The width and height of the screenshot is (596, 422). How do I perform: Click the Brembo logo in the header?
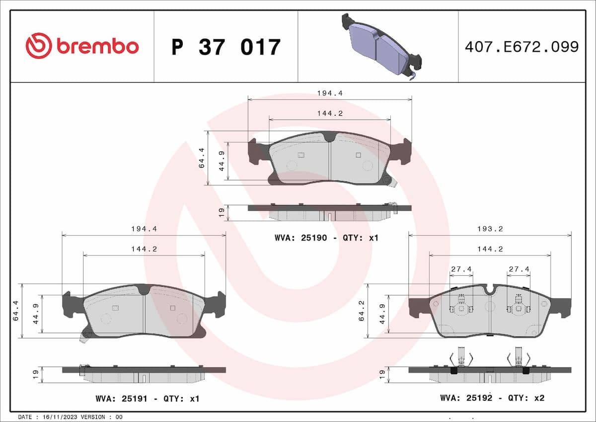82,46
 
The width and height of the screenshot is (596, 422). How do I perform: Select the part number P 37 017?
226,47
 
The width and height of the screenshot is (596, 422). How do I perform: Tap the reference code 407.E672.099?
521,47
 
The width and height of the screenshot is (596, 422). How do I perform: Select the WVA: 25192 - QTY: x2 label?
492,398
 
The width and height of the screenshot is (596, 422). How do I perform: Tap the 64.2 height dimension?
362,311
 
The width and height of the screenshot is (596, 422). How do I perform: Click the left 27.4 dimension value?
461,269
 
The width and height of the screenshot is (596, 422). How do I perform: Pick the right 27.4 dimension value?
519,269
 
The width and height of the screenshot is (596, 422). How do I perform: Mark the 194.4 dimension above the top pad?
330,93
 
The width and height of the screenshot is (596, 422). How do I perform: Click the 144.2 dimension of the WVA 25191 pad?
144,249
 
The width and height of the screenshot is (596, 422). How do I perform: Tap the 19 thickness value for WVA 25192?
382,374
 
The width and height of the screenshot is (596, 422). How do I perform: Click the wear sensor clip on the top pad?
393,183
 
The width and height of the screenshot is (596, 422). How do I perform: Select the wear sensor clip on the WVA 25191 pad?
83,338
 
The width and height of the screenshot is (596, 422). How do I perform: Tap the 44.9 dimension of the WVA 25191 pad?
35,314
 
